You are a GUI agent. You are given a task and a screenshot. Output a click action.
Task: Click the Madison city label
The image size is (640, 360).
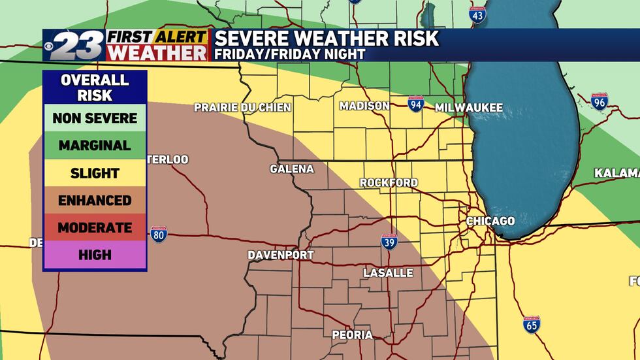[364, 106]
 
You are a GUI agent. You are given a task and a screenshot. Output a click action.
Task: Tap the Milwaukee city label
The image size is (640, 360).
[469, 108]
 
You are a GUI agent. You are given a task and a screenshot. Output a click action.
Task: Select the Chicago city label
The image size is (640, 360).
[490, 221]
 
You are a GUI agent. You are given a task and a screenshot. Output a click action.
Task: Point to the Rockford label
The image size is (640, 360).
[389, 183]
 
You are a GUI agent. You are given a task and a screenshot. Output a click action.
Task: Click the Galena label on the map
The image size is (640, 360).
[292, 169]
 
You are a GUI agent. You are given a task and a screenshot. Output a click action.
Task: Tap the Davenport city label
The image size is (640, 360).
[281, 255]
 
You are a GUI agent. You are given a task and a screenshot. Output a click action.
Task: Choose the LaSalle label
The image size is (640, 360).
[388, 272]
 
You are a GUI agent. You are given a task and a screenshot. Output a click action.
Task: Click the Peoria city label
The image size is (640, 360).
[352, 335]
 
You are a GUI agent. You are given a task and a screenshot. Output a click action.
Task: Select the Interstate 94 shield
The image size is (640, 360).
[415, 105]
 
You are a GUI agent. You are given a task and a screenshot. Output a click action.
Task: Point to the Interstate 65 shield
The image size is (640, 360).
[532, 325]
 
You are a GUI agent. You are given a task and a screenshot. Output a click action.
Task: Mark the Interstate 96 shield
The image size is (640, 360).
[599, 101]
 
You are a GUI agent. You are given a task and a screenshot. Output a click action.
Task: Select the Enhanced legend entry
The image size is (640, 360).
[95, 201]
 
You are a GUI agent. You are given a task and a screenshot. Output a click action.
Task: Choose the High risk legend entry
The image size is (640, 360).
[95, 255]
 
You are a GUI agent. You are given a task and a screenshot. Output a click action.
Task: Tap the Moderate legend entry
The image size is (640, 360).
[95, 228]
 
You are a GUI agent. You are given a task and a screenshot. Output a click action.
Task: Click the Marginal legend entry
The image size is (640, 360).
[95, 146]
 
